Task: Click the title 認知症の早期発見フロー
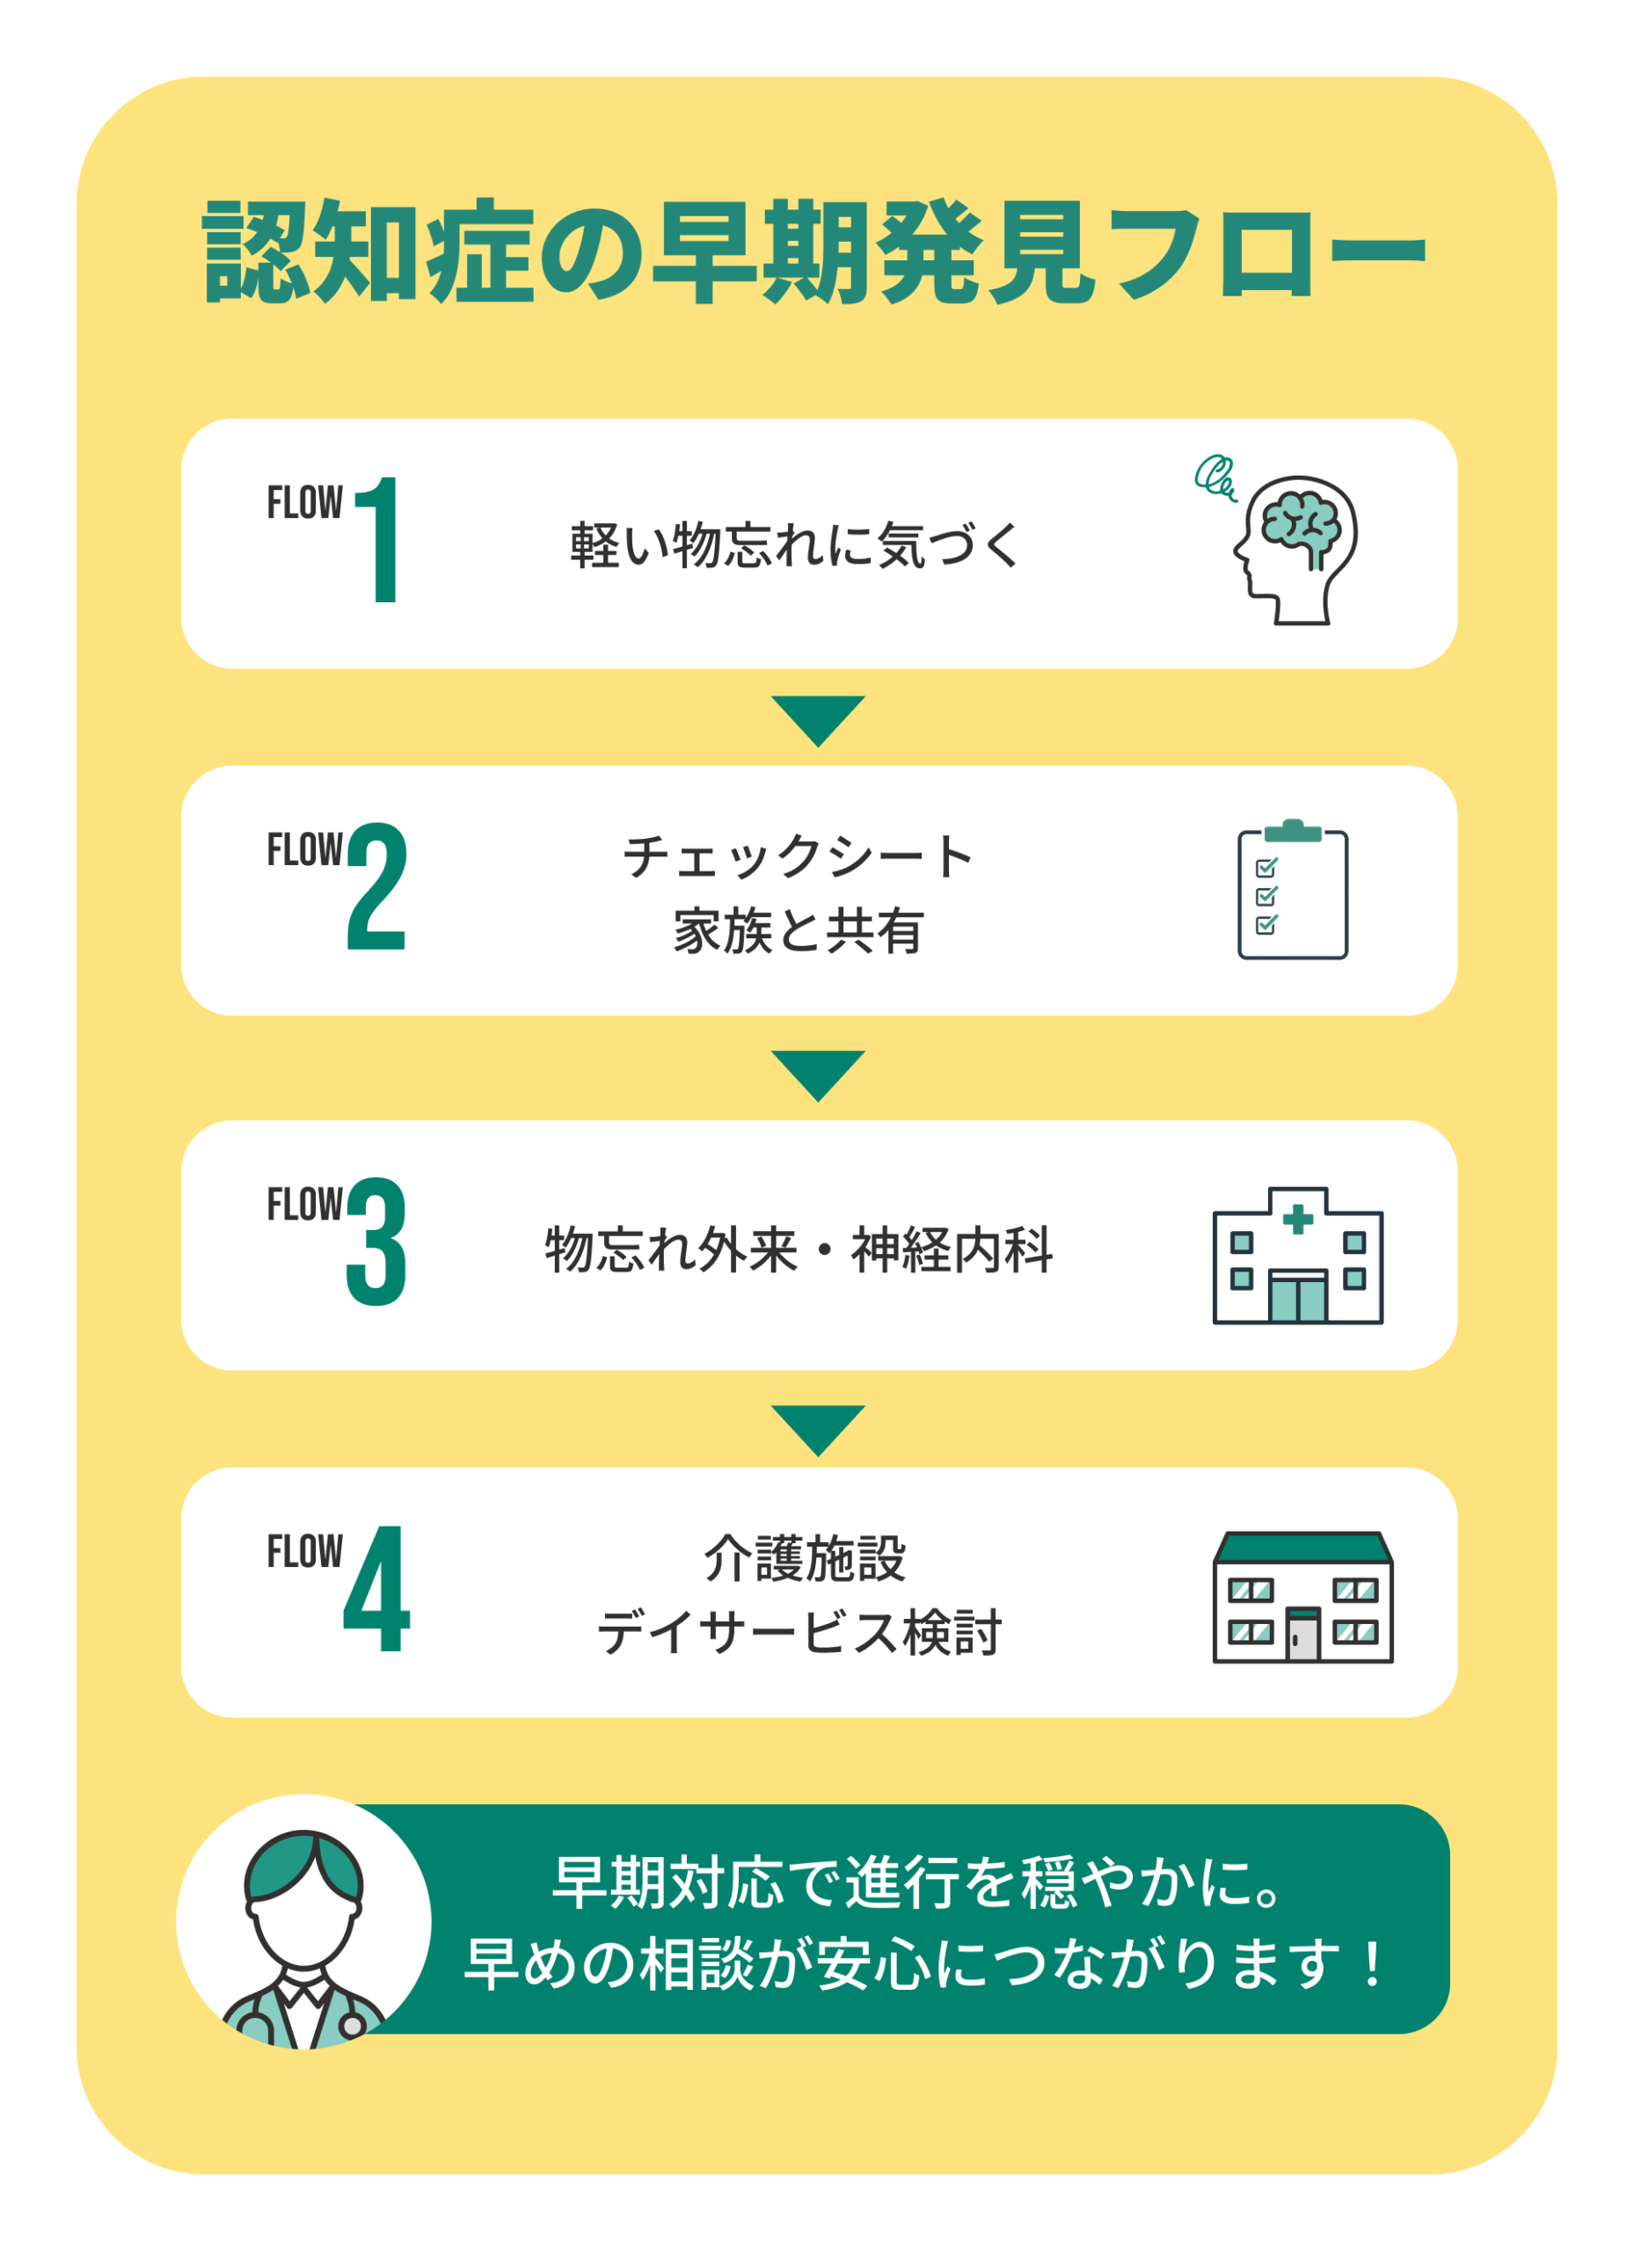(x=815, y=251)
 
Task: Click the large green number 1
(x=379, y=539)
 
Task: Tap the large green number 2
(x=376, y=886)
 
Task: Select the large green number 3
(x=376, y=1241)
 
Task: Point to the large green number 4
(x=376, y=1588)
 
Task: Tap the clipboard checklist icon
(x=1293, y=889)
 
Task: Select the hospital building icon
(x=1297, y=1255)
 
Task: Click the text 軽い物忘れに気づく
(x=794, y=545)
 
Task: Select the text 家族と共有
(x=799, y=931)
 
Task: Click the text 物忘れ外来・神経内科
(x=799, y=1249)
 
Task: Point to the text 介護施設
(x=804, y=1558)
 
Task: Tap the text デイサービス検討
(x=799, y=1633)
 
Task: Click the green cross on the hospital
(x=1297, y=1219)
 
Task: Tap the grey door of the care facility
(x=1302, y=1635)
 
